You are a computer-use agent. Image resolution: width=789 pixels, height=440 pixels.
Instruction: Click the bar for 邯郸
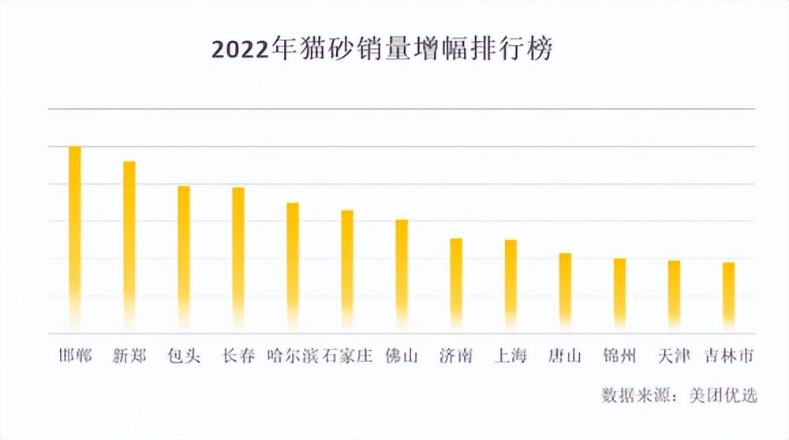coord(75,237)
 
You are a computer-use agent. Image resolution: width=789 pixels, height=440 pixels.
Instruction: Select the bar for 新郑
coord(129,244)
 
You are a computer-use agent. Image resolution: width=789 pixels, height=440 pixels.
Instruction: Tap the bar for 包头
coord(184,256)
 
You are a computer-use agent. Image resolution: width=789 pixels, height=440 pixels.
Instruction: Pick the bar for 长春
coord(238,257)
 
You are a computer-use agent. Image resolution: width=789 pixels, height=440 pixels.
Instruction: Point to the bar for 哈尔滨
coord(293,265)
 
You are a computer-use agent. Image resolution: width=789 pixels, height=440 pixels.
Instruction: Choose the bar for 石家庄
coord(347,269)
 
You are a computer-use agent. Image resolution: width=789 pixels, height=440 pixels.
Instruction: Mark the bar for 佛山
coord(402,274)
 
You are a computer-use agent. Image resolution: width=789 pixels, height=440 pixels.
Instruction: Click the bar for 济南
coord(456,283)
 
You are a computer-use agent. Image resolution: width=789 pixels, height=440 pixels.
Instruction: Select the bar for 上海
coord(510,284)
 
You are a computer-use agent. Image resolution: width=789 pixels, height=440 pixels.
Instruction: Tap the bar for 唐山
coord(565,290)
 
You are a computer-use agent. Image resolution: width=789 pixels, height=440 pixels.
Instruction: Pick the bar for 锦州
coord(619,293)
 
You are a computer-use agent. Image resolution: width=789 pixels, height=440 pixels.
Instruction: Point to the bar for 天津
coord(674,294)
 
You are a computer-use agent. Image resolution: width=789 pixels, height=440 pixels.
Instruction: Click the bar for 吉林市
coord(728,295)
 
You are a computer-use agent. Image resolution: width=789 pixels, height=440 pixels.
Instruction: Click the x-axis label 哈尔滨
coord(293,356)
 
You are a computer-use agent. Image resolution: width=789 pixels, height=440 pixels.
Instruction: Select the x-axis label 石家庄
coord(347,356)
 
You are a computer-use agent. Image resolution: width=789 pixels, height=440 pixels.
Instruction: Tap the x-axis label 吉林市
coord(728,356)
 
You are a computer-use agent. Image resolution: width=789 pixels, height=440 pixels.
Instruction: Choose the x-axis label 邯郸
coord(75,356)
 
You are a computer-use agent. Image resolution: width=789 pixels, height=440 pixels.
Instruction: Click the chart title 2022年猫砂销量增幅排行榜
coord(382,49)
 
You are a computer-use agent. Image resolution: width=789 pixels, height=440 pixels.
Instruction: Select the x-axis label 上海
coord(510,356)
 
